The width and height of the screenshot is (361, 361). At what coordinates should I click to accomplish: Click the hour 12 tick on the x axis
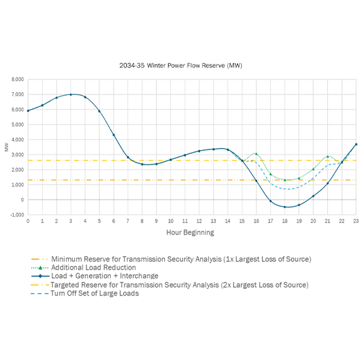pos(199,221)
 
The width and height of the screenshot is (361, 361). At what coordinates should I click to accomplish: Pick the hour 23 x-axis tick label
pos(356,221)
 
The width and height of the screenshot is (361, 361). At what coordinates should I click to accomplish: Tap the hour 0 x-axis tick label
pos(28,221)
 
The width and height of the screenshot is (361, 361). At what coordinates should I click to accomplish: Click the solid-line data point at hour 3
pos(70,94)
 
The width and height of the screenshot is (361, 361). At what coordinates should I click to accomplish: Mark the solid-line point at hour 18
pos(285,207)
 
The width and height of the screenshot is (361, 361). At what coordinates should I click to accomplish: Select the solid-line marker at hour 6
pos(113,135)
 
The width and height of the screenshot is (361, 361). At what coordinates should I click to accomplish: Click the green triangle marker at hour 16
pos(256,153)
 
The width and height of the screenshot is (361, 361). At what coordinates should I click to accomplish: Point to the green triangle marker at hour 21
pos(328,156)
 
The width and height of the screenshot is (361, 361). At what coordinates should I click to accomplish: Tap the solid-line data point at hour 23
pos(356,144)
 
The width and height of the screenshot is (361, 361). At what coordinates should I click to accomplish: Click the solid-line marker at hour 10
pos(170,159)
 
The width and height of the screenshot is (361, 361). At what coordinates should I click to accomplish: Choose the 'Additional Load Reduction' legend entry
pos(93,267)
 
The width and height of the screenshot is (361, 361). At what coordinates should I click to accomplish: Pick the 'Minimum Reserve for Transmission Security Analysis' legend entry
pos(180,259)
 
